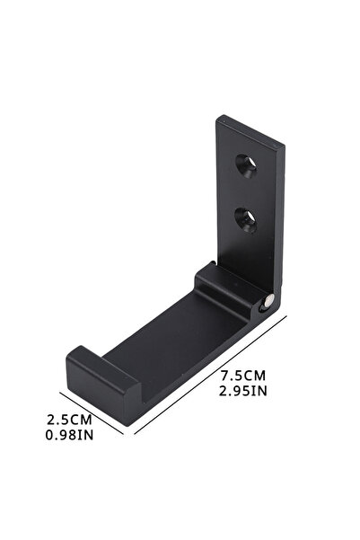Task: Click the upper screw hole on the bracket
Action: coord(246,165)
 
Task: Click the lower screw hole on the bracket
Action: coord(246,220)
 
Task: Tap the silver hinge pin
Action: coord(268,301)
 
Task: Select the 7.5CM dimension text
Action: coord(243,376)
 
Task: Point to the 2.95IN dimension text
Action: coord(243,391)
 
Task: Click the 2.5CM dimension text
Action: coord(69,420)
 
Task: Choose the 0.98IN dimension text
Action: coord(69,435)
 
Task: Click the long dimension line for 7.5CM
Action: coord(210,375)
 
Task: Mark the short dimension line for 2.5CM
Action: coord(92,413)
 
